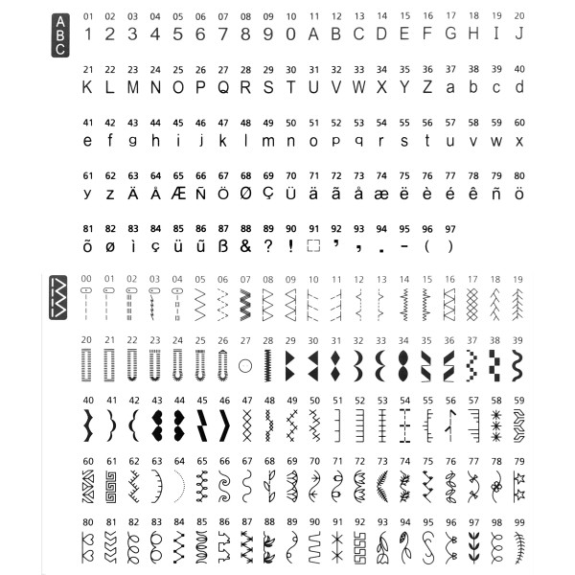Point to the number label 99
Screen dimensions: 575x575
tap(518, 522)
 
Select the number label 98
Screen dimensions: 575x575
tap(495, 522)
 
